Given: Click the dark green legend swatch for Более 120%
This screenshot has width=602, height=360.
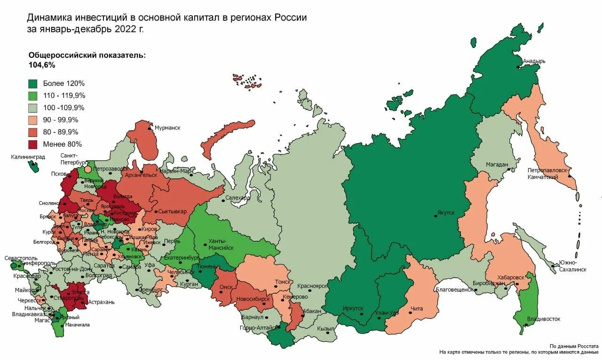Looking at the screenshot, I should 33,84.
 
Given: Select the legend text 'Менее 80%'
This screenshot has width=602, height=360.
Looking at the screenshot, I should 62,144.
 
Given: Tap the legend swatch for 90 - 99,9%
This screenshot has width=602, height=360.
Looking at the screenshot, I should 33,120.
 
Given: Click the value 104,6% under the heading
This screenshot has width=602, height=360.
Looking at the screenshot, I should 42,65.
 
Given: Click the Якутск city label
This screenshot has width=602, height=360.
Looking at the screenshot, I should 446,213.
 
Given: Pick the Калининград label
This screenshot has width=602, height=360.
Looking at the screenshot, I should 28,157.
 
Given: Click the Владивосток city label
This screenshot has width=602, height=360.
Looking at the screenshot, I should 544,319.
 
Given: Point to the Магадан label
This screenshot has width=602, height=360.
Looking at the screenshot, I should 497,165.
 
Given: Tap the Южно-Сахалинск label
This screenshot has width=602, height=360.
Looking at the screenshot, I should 572,266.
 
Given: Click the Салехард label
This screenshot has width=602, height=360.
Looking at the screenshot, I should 238,198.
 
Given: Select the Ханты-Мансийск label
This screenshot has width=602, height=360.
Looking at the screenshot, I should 221,244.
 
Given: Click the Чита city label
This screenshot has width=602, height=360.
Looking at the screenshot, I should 417,309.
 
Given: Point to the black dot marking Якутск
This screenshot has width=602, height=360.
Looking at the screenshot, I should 436,216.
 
